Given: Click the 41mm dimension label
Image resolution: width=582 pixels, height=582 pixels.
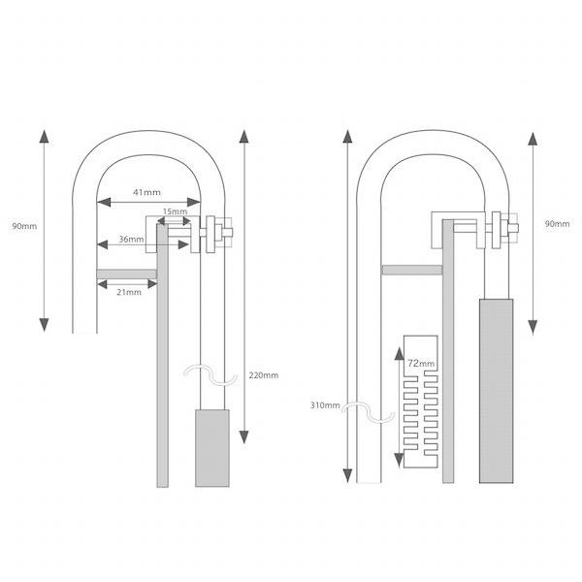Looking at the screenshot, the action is (x=147, y=192).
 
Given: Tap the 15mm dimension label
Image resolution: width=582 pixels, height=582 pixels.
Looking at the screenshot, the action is (x=175, y=211).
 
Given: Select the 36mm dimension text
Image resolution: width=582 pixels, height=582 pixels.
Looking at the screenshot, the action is (x=131, y=240).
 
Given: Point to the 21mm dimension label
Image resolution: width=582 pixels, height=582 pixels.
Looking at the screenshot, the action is (x=129, y=292).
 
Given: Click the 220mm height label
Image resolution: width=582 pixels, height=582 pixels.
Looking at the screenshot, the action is (x=264, y=375).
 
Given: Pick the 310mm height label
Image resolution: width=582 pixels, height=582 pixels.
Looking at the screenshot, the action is (x=325, y=405).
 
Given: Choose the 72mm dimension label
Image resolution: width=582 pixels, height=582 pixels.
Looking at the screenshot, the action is (x=421, y=364).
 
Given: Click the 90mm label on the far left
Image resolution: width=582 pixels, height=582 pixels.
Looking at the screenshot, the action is (x=24, y=226).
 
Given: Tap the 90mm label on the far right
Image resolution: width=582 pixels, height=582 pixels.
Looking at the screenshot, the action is (x=557, y=224).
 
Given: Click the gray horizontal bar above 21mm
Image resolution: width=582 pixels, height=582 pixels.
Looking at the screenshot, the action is (x=126, y=275).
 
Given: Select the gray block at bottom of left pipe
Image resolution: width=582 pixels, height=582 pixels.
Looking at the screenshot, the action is (x=212, y=448).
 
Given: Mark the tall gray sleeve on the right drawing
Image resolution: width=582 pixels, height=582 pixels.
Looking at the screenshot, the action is (x=497, y=391).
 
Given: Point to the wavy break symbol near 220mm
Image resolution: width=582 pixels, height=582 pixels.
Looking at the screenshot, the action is (x=210, y=374).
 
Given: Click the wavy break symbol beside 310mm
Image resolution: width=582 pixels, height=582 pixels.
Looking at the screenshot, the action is (x=369, y=412).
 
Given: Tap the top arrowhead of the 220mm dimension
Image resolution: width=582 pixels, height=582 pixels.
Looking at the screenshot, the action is (x=243, y=137).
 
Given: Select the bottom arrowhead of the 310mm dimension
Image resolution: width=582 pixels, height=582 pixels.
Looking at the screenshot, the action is (x=347, y=476).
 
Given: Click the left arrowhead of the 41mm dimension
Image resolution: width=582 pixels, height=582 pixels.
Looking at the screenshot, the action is (x=104, y=203).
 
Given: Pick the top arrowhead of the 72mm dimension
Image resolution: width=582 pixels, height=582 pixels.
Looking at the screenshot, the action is (x=399, y=354).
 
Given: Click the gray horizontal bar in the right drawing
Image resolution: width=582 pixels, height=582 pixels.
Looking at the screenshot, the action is (x=412, y=270).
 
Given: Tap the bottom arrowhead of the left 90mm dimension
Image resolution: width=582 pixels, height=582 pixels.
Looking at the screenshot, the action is (x=45, y=325).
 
